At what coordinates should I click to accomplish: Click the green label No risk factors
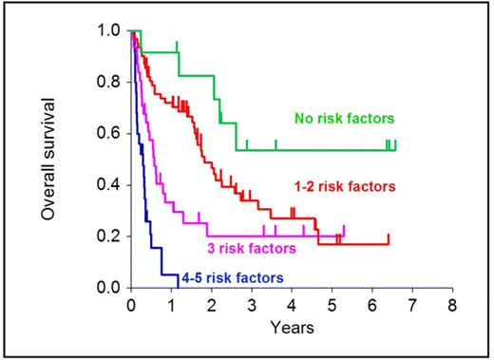344,120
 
